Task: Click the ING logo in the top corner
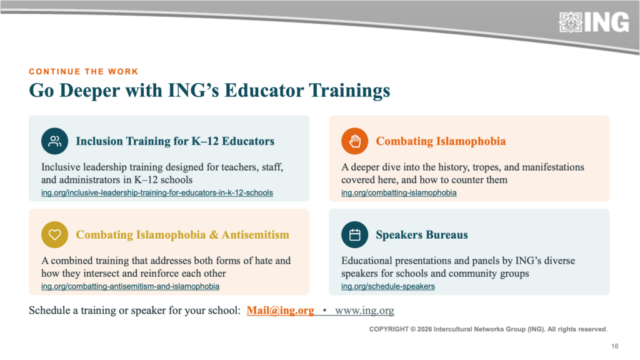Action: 594,22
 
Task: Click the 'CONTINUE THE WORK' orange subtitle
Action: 84,72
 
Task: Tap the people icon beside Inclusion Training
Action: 55,141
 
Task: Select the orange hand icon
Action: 355,141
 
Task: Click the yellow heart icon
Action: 55,235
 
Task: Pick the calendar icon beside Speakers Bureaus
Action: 355,235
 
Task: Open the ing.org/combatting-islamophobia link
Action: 399,192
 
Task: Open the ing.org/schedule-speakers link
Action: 387,286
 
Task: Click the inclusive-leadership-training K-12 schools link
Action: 157,192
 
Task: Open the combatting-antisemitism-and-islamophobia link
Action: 130,286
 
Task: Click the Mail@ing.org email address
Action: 281,311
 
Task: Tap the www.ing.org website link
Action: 364,311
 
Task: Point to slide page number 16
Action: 615,346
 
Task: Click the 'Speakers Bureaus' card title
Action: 422,235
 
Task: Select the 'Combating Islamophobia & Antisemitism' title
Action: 182,235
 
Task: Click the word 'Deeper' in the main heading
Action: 90,91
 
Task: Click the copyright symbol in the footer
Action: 412,329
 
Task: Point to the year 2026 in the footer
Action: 424,329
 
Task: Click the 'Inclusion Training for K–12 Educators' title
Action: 175,141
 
